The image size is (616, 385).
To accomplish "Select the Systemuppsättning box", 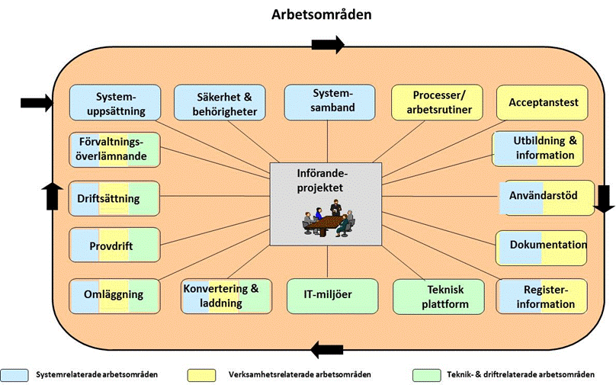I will [115, 103].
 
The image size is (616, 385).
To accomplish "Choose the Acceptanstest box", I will [542, 103].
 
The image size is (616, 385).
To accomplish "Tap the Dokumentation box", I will [542, 246].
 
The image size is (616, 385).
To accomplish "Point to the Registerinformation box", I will [542, 297].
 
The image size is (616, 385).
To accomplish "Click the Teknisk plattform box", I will [438, 297].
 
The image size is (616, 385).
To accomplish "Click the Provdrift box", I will [114, 246].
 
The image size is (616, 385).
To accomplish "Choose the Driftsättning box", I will [114, 199].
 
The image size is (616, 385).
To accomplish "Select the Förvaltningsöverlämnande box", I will [114, 149].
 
